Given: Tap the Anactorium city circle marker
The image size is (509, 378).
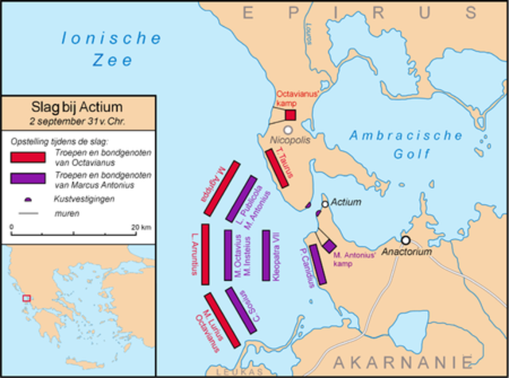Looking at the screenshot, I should (x=406, y=240).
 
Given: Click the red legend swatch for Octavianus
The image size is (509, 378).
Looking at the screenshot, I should (x=30, y=156).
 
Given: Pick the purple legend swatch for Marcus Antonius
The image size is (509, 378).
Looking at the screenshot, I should (x=30, y=178).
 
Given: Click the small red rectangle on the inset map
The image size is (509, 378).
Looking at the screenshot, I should (x=26, y=298).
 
